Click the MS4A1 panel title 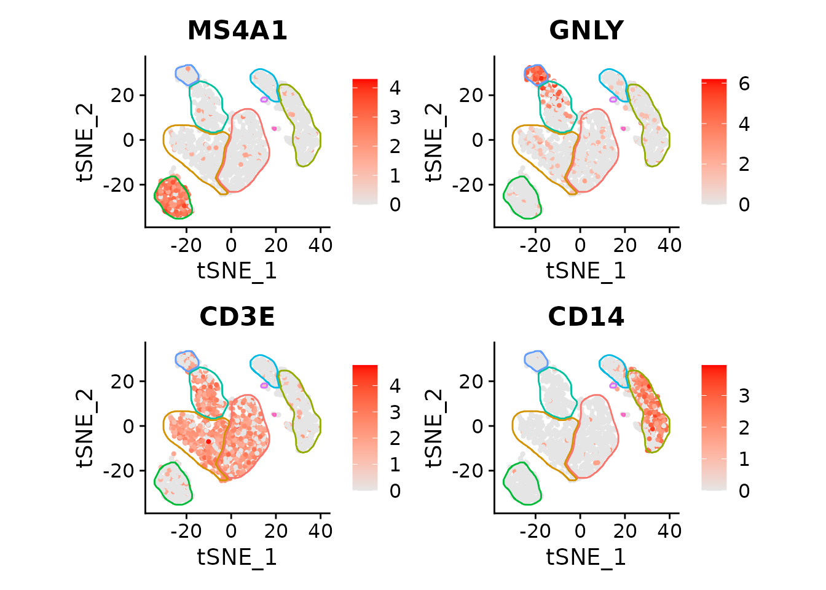coord(237,31)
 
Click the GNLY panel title coord(586,31)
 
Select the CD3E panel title coord(237,317)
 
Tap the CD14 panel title coord(586,317)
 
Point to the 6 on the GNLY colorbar coord(744,84)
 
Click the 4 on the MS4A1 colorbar coord(395,88)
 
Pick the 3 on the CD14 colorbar coord(744,396)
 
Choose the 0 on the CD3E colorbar coord(395,491)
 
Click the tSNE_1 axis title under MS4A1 coord(237,271)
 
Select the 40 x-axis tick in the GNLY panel coord(669,245)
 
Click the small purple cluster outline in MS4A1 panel coord(264,99)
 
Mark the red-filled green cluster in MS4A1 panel coord(173,197)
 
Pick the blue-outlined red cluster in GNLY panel coord(536,74)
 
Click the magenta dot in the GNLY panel coord(623,128)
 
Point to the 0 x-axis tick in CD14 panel coord(580,532)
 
